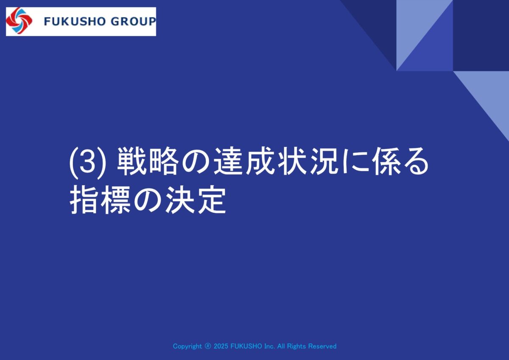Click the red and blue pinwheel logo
[19, 21]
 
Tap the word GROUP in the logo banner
[133, 22]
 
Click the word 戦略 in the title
[147, 162]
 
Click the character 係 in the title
[386, 162]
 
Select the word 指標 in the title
[100, 200]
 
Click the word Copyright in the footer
[187, 346]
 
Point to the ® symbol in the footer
[208, 346]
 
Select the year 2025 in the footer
[221, 346]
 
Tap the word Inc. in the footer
[269, 346]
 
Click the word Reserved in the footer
[322, 346]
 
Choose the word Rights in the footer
[296, 346]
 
